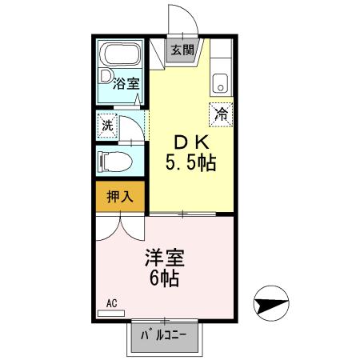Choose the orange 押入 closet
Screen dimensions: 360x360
click(120, 197)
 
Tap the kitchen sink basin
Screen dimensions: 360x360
click(221, 82)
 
